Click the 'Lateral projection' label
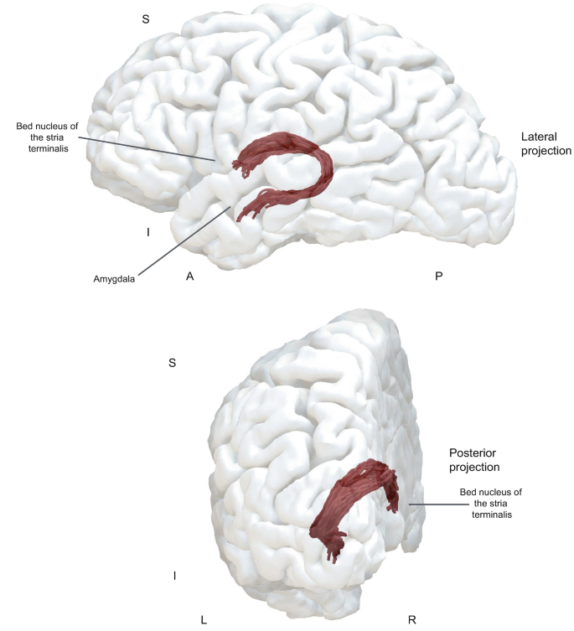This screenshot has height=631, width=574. [546, 143]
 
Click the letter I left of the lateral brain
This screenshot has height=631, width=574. [147, 232]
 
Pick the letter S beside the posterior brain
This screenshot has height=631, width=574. [172, 363]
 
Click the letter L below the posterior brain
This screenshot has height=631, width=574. [204, 620]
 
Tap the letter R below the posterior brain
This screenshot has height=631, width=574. [411, 620]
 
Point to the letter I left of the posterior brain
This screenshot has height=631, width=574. [174, 576]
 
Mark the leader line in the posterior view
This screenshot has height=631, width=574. [429, 504]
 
